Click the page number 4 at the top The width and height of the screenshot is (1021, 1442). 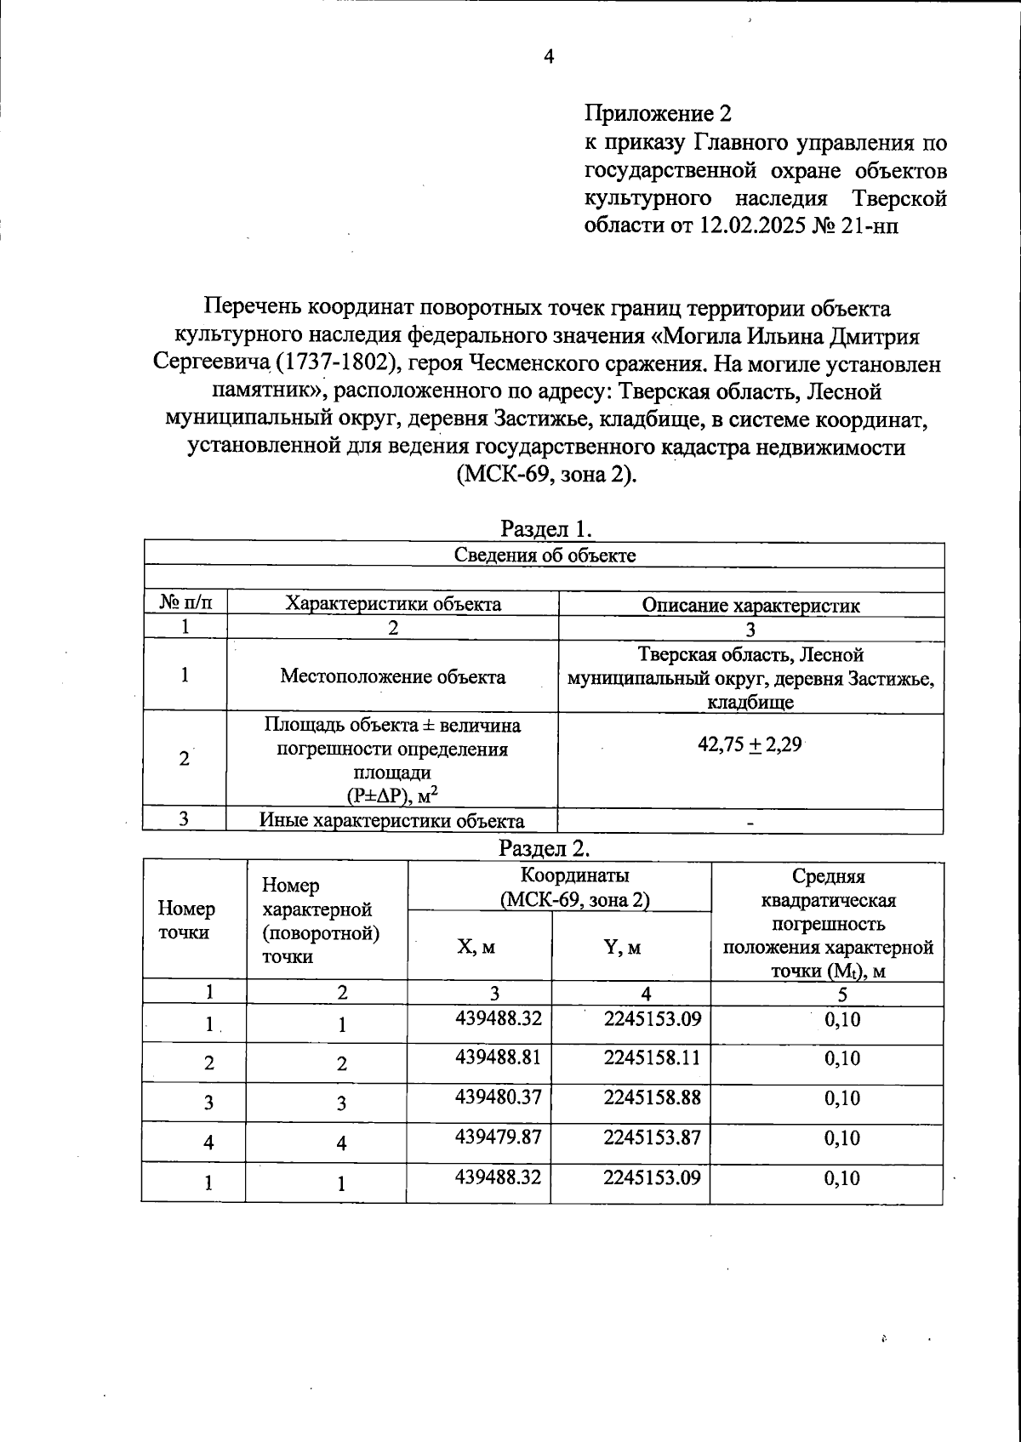(x=548, y=57)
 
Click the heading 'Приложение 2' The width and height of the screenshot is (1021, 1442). (x=658, y=113)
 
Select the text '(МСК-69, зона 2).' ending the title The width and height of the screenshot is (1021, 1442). (x=547, y=474)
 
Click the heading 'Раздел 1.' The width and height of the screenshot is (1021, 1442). (x=545, y=528)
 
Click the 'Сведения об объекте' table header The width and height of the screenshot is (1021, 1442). (x=545, y=556)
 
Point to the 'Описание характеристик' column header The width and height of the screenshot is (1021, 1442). (x=750, y=605)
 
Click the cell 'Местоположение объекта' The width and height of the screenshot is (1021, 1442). (x=392, y=676)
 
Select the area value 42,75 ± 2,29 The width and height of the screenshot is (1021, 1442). (x=750, y=745)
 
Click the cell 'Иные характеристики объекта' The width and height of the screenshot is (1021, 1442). (x=392, y=821)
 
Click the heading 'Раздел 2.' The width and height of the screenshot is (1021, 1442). (x=544, y=848)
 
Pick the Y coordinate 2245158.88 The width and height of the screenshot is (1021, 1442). (x=652, y=1097)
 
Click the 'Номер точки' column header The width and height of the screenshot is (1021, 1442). (x=186, y=920)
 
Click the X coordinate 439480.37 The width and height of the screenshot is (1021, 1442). (x=499, y=1097)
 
